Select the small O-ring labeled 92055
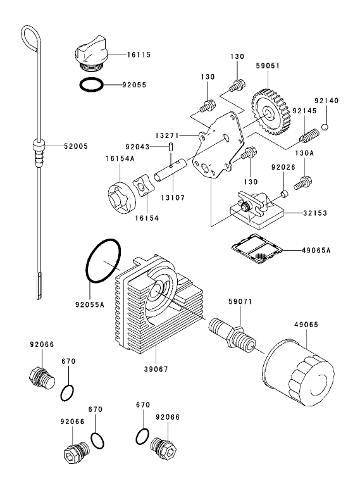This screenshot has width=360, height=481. tap(91, 84)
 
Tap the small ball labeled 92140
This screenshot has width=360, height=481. tap(325, 127)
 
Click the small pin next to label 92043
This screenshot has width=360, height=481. tap(171, 147)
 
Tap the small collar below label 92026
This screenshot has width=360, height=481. tap(285, 192)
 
